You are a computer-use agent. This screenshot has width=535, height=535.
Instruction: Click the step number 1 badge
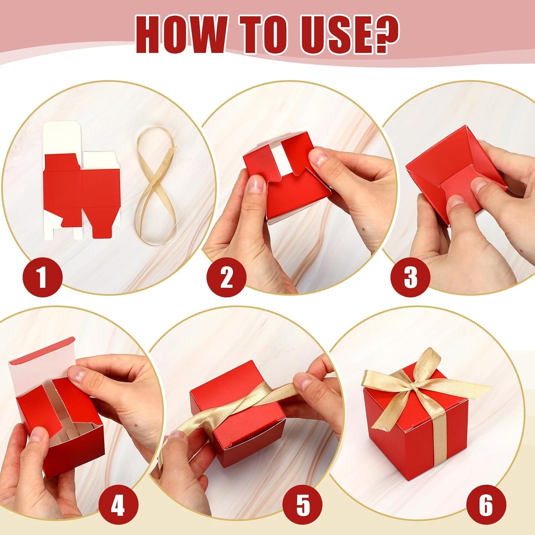pyautogui.click(x=42, y=277)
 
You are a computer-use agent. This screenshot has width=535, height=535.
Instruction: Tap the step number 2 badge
pyautogui.click(x=226, y=277)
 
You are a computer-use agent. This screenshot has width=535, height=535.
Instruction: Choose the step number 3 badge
pyautogui.click(x=410, y=277)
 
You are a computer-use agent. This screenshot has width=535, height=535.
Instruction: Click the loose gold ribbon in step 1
pyautogui.click(x=156, y=185)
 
